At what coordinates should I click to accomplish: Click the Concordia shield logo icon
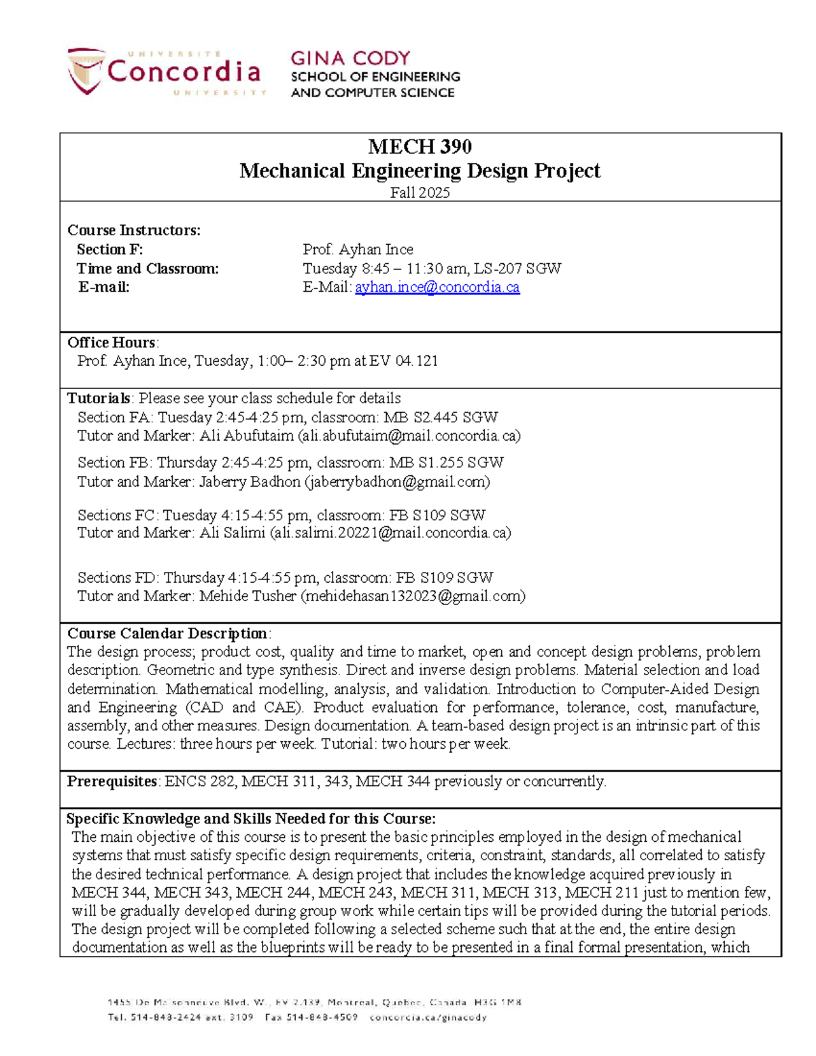[x=86, y=70]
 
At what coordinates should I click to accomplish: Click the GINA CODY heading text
[x=350, y=58]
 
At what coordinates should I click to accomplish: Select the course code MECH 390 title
[x=420, y=146]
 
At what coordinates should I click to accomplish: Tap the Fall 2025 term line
[x=420, y=192]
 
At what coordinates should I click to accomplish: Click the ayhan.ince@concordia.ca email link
[x=437, y=287]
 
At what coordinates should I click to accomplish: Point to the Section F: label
[x=109, y=250]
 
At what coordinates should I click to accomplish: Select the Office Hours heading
[x=112, y=342]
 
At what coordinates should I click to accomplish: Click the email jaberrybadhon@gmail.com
[x=397, y=482]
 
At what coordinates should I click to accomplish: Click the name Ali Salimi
[x=232, y=532]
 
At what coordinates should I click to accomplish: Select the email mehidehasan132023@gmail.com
[x=413, y=596]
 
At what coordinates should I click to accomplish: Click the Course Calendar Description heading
[x=167, y=634]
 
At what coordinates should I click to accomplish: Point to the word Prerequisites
[x=112, y=781]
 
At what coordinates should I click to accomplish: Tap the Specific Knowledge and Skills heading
[x=250, y=819]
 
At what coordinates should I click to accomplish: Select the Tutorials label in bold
[x=99, y=398]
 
